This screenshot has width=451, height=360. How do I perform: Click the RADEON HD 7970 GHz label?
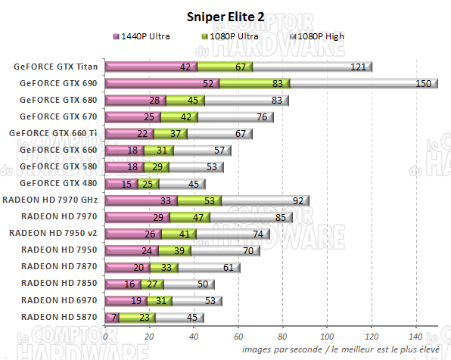pyautogui.click(x=51, y=200)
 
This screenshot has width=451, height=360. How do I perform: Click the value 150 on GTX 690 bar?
pyautogui.click(x=424, y=84)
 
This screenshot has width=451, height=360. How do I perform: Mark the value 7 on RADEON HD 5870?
pyautogui.click(x=114, y=317)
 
